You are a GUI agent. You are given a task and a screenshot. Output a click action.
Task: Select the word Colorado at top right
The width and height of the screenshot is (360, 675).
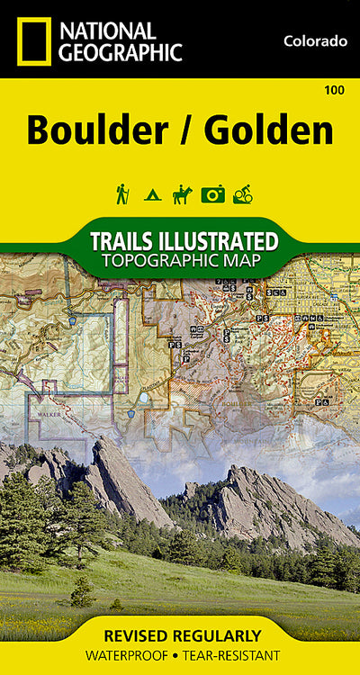point(315,40)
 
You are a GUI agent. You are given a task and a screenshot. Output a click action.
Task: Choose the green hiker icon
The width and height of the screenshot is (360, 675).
point(121,193)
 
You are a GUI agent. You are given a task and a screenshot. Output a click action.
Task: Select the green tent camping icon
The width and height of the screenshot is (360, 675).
point(152,194)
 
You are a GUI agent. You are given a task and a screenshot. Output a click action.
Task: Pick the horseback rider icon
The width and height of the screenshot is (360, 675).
point(182,193)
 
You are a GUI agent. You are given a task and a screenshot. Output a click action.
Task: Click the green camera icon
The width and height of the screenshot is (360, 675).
point(212,193)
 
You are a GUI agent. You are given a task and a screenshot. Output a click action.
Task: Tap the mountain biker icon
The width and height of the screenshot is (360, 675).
point(242,193)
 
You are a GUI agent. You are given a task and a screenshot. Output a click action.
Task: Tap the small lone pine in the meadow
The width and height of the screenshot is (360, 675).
point(83,591)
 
